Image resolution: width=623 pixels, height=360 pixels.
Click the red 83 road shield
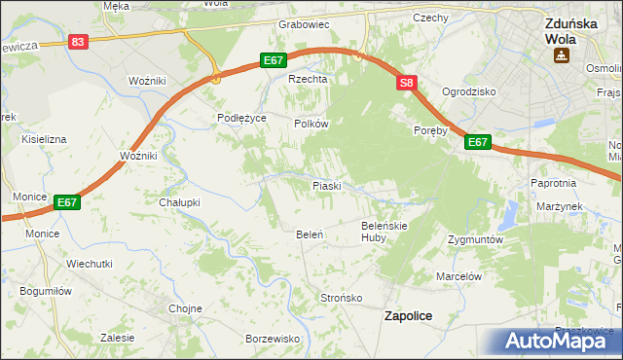click(x=79, y=42)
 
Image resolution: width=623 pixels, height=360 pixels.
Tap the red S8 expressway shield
click(x=407, y=85)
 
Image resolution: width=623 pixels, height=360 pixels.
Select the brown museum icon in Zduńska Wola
click(x=562, y=55)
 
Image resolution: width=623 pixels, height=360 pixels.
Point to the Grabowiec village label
click(x=305, y=23)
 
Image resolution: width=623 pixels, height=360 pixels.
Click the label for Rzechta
click(x=305, y=80)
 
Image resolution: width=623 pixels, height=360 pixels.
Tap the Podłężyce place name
click(x=241, y=118)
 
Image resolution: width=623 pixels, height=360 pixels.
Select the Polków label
click(x=312, y=125)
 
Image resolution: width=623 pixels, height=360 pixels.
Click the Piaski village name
click(x=325, y=185)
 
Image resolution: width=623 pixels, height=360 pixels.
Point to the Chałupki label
click(x=179, y=202)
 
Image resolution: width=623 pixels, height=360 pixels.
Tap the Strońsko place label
click(x=342, y=297)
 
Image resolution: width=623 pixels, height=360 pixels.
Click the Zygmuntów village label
click(x=475, y=238)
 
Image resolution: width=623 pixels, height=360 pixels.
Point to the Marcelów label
click(x=459, y=276)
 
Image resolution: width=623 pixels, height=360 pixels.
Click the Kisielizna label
click(x=44, y=139)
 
